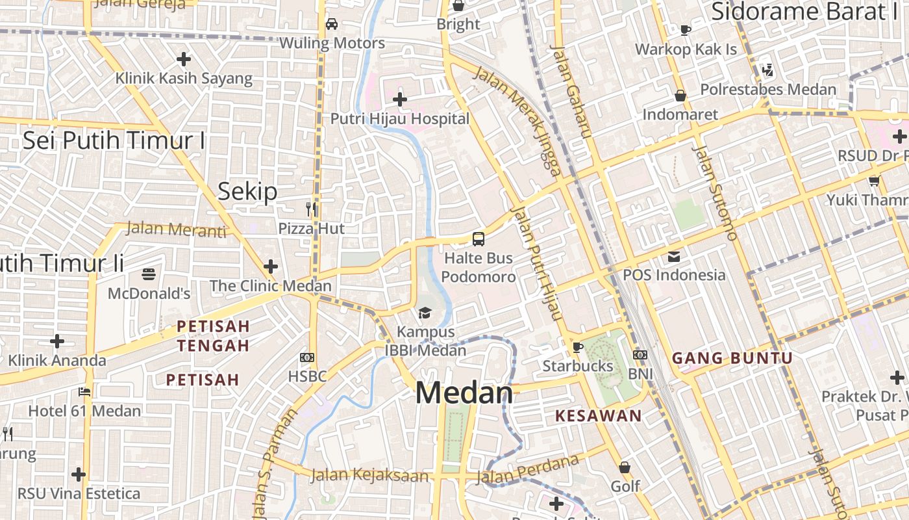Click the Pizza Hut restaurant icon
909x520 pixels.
click(312, 209)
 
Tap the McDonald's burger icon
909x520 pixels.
click(149, 274)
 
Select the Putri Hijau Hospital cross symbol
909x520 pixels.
click(400, 99)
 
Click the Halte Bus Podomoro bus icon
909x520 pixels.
click(479, 239)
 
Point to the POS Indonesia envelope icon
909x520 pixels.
click(674, 256)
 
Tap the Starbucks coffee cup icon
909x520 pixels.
click(578, 347)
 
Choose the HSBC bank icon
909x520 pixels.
click(307, 357)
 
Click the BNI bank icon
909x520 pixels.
click(640, 355)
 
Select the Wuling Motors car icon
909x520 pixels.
click(332, 24)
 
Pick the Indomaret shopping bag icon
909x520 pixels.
click(680, 96)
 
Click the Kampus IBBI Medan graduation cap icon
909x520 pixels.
click(425, 313)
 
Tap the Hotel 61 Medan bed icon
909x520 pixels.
click(84, 391)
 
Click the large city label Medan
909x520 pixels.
click(464, 393)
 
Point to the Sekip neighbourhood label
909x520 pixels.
click(247, 191)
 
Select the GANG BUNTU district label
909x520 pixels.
click(732, 358)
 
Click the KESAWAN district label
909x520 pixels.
click(598, 416)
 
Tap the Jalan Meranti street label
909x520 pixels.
click(176, 229)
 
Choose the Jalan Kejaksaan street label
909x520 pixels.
click(369, 476)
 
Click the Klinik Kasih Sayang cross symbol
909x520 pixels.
click(184, 59)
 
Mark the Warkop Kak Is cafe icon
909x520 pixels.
click(686, 30)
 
